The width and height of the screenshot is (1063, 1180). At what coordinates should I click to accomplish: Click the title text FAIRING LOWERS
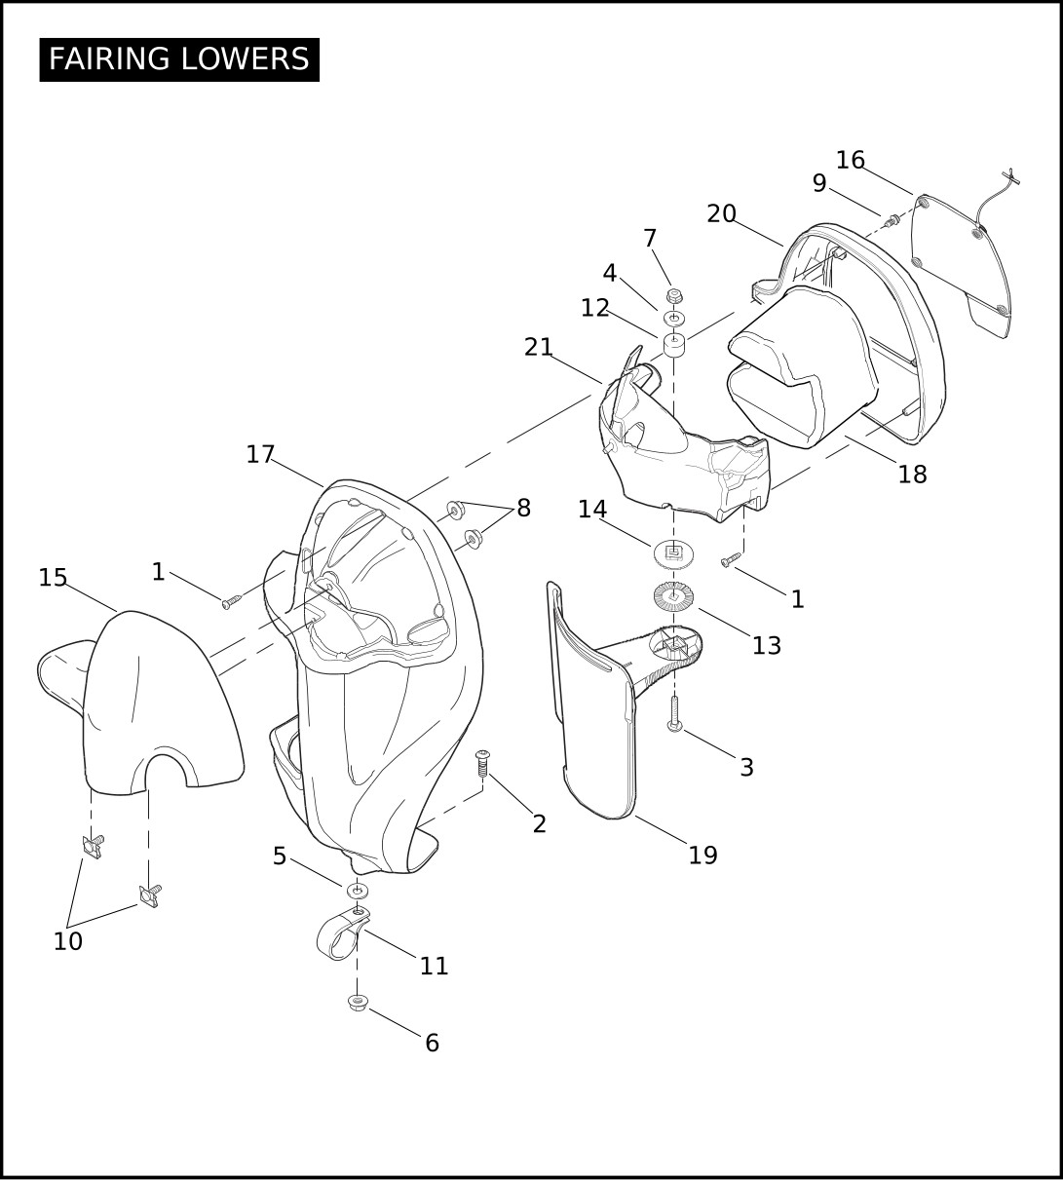(179, 59)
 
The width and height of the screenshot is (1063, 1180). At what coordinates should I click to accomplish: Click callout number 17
(260, 454)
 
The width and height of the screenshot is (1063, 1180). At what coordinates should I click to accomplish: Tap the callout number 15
(53, 578)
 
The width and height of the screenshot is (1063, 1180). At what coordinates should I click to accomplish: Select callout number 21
(539, 347)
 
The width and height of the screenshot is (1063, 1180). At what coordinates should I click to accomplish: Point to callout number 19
(702, 855)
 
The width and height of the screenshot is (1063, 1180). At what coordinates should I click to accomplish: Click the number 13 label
(766, 645)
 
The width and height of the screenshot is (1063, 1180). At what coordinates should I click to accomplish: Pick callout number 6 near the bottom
(432, 1043)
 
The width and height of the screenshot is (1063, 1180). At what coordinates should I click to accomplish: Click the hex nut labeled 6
(358, 1002)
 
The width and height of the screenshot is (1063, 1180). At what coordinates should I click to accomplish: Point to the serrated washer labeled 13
(672, 597)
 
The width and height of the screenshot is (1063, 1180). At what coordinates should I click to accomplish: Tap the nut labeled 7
(673, 294)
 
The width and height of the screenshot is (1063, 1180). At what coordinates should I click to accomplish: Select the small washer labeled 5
(358, 891)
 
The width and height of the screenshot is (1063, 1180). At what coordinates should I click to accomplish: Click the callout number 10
(67, 941)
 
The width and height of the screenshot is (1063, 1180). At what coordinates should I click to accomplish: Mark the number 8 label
(523, 508)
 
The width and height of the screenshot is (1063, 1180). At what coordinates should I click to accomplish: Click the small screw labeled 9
(891, 222)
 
